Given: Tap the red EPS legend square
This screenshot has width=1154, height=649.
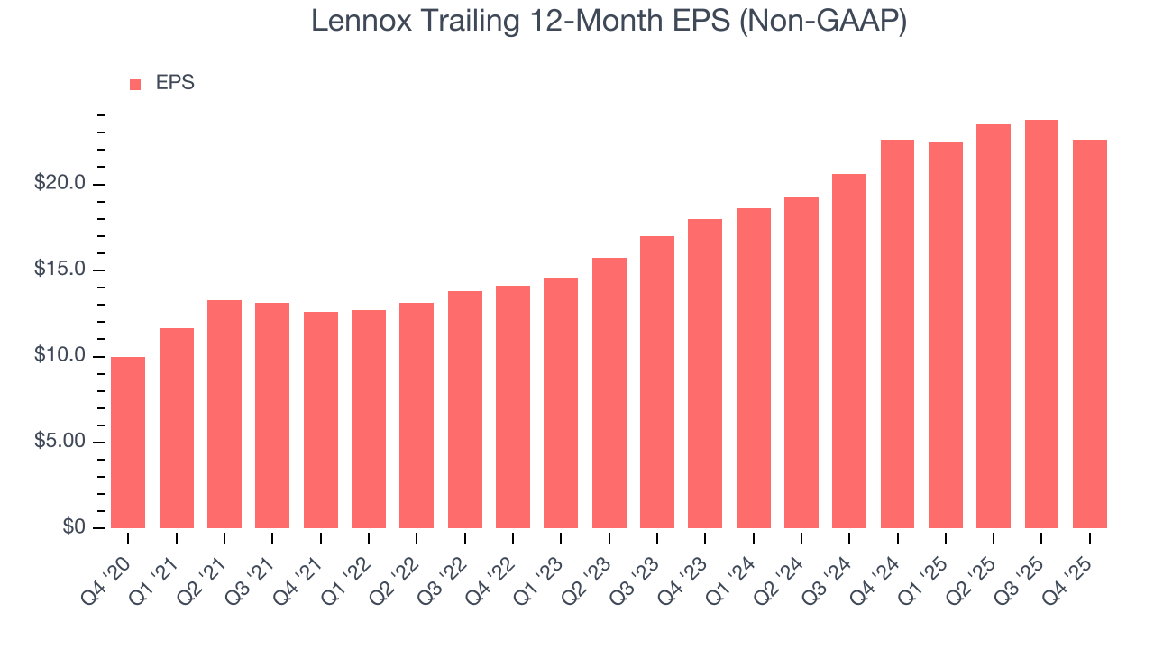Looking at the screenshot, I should click(x=135, y=84).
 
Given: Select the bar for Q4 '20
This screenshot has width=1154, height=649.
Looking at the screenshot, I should click(x=128, y=442).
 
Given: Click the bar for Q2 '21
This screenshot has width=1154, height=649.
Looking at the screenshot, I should click(x=224, y=414).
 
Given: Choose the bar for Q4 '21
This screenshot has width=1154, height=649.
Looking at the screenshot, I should click(x=320, y=419).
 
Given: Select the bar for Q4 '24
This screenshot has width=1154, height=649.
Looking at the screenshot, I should click(x=897, y=334).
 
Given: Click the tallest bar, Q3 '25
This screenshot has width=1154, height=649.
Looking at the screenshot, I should click(x=1041, y=324).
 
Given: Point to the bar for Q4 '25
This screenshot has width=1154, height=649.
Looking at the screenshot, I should click(x=1090, y=334).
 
